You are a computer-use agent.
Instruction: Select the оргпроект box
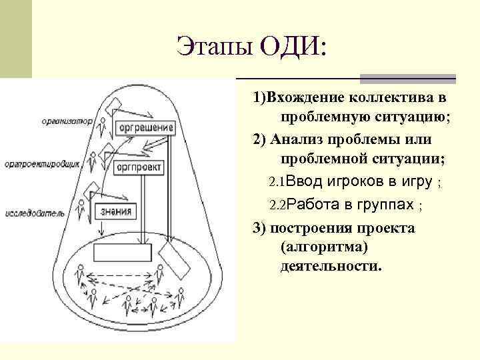(140, 167)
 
